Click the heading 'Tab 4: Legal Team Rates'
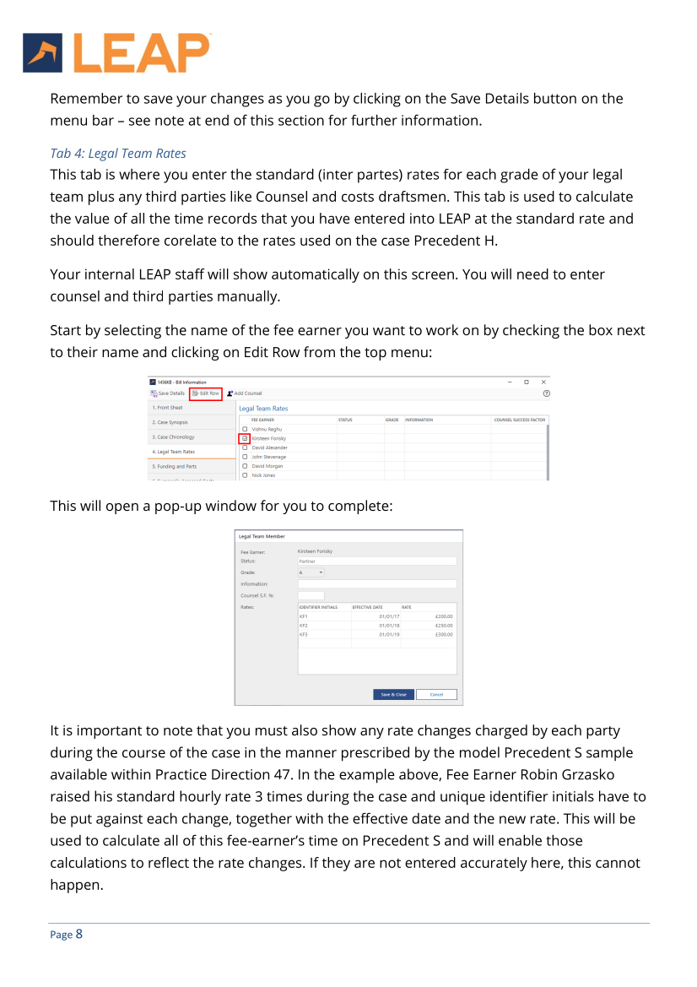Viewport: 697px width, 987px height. (x=118, y=153)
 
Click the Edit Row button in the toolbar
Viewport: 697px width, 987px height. (x=206, y=393)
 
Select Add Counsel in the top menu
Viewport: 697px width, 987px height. (x=245, y=393)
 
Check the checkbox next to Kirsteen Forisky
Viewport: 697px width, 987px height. (x=245, y=439)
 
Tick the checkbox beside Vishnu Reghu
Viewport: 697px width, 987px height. (x=245, y=430)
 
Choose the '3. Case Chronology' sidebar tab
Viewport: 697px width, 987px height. (x=174, y=437)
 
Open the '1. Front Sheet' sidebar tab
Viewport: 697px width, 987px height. (x=167, y=408)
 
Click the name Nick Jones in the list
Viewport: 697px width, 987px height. (x=263, y=475)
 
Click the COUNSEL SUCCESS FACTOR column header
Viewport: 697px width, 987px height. (x=519, y=420)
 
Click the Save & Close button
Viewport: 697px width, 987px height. (x=393, y=695)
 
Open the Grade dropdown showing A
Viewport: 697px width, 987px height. (x=311, y=572)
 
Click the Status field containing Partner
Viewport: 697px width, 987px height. (x=376, y=561)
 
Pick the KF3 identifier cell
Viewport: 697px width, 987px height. (x=305, y=635)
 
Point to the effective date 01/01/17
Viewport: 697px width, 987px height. (x=389, y=616)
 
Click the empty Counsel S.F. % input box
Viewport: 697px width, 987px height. (x=311, y=595)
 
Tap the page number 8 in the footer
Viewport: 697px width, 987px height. (x=78, y=934)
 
